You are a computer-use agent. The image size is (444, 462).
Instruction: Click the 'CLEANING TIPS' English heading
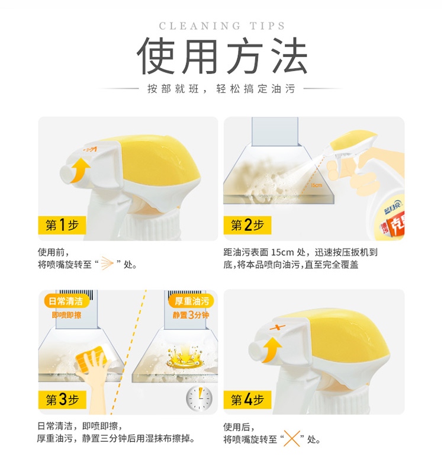(x=222, y=26)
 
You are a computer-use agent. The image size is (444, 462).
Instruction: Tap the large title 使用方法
(x=222, y=56)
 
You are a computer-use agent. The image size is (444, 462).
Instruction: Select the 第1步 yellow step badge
(x=62, y=225)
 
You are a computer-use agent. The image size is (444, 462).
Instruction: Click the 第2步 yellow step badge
(x=247, y=225)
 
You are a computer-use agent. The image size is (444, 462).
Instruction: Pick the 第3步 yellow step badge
(x=62, y=400)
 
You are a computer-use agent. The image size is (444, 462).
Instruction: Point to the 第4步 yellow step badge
(x=247, y=400)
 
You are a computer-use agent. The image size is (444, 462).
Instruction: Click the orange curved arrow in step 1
(x=79, y=170)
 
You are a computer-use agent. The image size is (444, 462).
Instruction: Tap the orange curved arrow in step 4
(x=272, y=349)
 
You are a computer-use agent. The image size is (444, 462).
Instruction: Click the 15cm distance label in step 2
(x=317, y=185)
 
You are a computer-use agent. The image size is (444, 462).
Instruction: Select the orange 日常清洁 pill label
(x=66, y=301)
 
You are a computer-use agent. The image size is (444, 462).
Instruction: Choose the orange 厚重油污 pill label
(x=192, y=301)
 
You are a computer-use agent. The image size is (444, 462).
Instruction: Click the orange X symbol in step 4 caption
(x=292, y=439)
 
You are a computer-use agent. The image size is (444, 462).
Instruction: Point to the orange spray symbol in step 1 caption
(x=107, y=263)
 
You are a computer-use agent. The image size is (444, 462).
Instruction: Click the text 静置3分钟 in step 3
(x=191, y=315)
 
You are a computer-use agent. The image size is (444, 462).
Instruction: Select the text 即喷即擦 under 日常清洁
(x=66, y=315)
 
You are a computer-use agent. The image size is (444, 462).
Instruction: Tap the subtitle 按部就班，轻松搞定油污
(x=221, y=89)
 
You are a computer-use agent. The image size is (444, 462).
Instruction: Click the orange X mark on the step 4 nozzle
(x=278, y=328)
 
